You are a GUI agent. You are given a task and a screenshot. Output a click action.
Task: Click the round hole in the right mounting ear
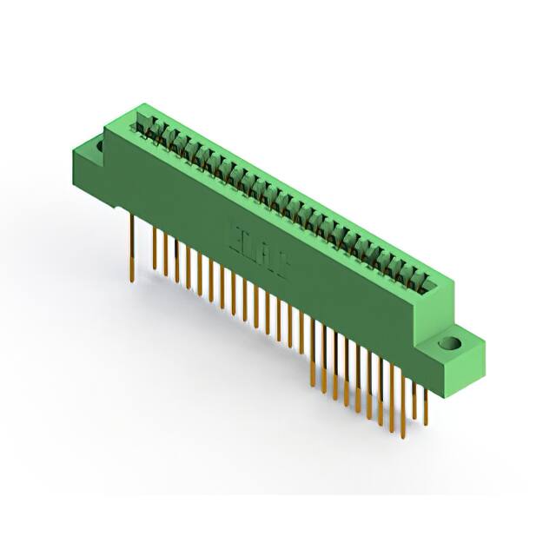(x=450, y=343)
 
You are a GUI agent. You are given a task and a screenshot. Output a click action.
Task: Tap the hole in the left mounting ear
(x=98, y=148)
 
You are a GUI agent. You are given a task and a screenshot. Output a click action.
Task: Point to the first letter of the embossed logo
(x=233, y=229)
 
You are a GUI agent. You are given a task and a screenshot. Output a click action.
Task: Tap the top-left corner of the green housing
(x=106, y=128)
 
